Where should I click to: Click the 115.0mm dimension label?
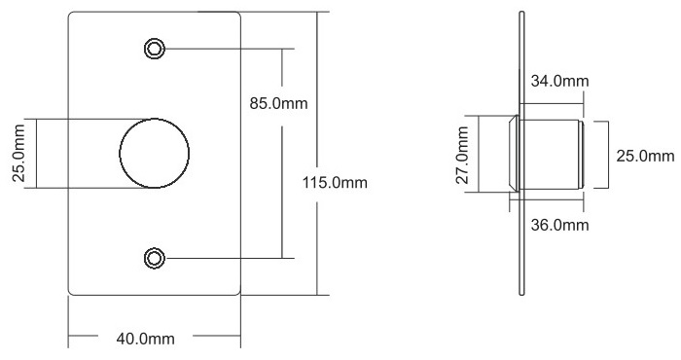[335, 182]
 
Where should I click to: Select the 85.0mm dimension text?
[278, 103]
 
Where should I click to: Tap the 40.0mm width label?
[146, 339]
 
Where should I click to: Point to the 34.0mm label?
[559, 81]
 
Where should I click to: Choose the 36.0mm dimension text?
[559, 225]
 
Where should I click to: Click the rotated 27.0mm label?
[462, 155]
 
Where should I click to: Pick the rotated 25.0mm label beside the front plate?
[18, 153]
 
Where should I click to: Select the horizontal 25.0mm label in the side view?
[645, 156]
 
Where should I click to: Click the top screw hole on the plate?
[154, 49]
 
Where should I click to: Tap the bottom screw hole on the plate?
[154, 258]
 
